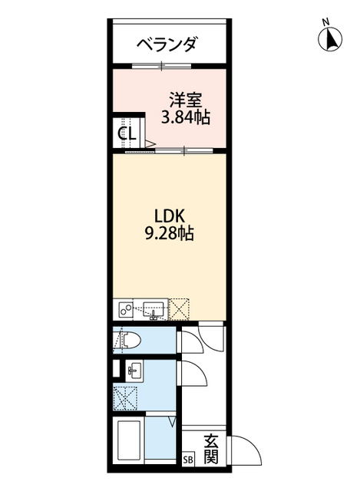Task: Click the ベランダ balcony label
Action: click(167, 44)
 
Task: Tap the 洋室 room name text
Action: click(185, 100)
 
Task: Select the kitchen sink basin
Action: click(152, 310)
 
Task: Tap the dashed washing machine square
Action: click(125, 397)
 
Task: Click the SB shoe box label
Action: click(189, 460)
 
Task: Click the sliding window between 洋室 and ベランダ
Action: click(161, 65)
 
